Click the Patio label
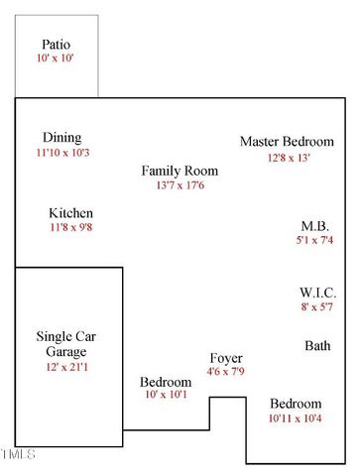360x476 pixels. (57, 45)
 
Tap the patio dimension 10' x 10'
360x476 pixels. (57, 59)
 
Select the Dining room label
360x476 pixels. (61, 138)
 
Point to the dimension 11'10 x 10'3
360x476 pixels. (62, 153)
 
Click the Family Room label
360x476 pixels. (180, 171)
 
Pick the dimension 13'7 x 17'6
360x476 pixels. (180, 185)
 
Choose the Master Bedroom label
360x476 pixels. (287, 142)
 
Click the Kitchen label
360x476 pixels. (71, 213)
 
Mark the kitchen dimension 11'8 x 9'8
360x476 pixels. (71, 228)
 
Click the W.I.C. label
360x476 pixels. (318, 294)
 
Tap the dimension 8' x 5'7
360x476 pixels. (318, 307)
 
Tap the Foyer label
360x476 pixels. (226, 357)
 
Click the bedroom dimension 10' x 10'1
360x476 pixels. (166, 396)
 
